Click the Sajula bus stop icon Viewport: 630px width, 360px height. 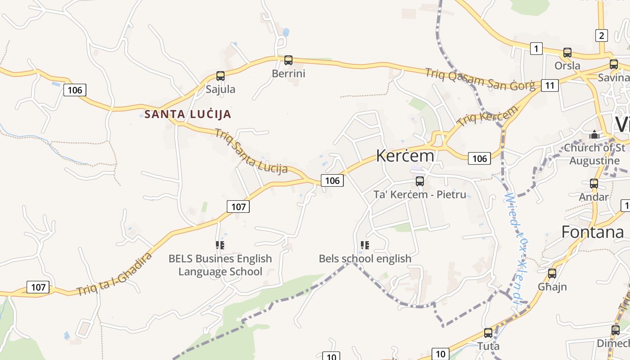point(220,76)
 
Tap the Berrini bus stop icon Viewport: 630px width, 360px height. point(288,60)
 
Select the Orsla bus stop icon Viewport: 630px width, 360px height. point(567,52)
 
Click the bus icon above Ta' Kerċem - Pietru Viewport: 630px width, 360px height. point(420,181)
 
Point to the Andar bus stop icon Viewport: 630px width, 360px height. point(594,183)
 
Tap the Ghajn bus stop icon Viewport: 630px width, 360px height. point(552,273)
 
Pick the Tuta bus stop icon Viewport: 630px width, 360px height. point(488,333)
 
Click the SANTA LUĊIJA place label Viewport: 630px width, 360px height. point(188,114)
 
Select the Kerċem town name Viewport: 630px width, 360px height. point(405,156)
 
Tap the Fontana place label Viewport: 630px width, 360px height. point(593,232)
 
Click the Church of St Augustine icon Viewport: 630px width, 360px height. point(594,134)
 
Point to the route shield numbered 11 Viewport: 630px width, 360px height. point(550,85)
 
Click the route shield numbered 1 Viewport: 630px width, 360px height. point(536,48)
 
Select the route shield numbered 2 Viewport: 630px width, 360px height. point(602,35)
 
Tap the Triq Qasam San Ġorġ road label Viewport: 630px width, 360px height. point(480,79)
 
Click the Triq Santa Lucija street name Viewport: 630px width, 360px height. point(251,151)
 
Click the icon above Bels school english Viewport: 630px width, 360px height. point(365,245)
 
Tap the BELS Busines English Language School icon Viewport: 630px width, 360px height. point(220,245)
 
